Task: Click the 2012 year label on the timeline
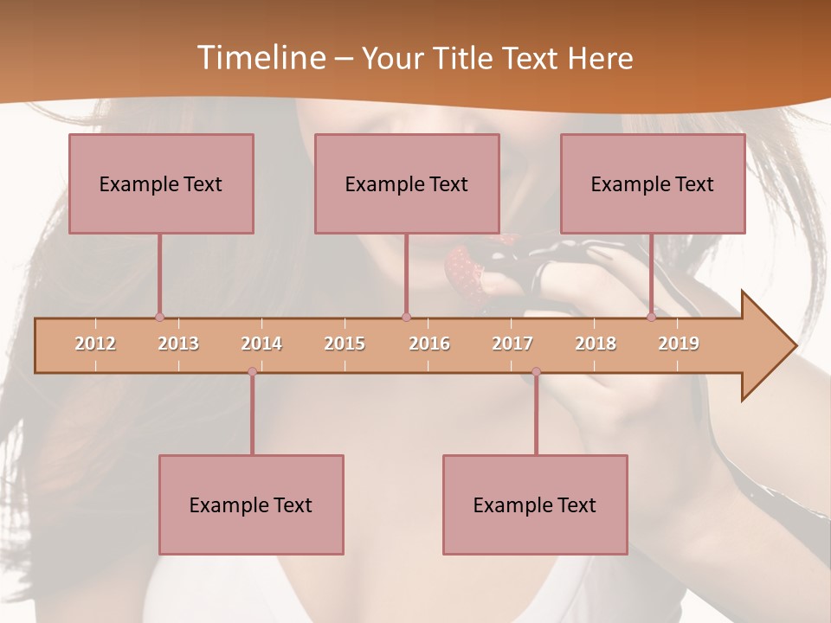pos(95,344)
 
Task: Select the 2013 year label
pos(178,344)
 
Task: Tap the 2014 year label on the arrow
pos(261,344)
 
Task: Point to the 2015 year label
pos(345,344)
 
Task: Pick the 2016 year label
pos(429,344)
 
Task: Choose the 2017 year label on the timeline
pos(512,344)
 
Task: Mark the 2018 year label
pos(596,344)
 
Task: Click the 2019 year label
pos(679,344)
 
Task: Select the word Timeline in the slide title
pos(260,58)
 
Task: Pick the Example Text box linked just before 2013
pos(161,183)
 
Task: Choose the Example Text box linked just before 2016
pos(407,183)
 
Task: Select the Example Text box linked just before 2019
pos(653,183)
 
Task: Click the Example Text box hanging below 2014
pos(251,504)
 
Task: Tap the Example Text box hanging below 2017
pos(535,504)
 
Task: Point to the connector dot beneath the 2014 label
pos(252,371)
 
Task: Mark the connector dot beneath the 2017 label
pos(536,371)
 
